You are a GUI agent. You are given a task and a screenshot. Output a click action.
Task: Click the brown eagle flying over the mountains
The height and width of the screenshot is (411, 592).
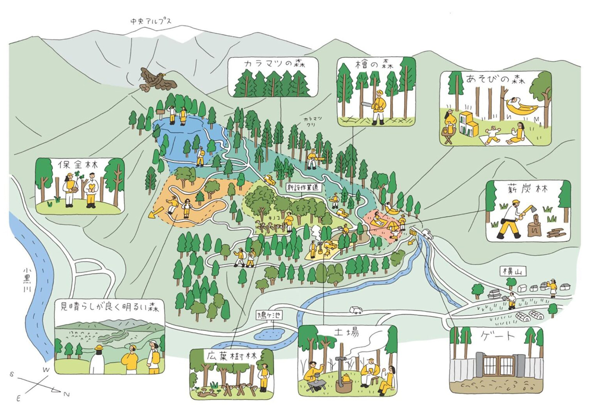pos(157,80)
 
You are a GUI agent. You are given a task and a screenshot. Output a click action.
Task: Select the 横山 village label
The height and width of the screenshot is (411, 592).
pos(513,271)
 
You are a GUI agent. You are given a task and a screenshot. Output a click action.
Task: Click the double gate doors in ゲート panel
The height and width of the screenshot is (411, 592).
pos(498,366)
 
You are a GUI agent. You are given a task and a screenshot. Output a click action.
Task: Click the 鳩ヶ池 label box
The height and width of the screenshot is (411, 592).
pos(269,316)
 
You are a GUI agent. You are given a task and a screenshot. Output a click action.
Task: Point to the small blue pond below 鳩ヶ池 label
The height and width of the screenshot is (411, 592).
pos(269,333)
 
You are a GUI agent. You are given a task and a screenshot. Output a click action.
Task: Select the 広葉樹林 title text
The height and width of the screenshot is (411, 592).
pos(232,356)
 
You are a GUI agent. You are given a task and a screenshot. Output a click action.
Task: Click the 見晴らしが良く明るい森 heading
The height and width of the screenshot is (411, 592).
pos(109,307)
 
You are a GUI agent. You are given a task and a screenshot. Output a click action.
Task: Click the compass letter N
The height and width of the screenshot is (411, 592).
pos(66,395)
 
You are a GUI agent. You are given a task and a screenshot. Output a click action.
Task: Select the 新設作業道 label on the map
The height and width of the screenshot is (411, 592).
pos(304,187)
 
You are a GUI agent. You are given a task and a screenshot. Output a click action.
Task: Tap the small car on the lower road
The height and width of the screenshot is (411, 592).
pos(356,310)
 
